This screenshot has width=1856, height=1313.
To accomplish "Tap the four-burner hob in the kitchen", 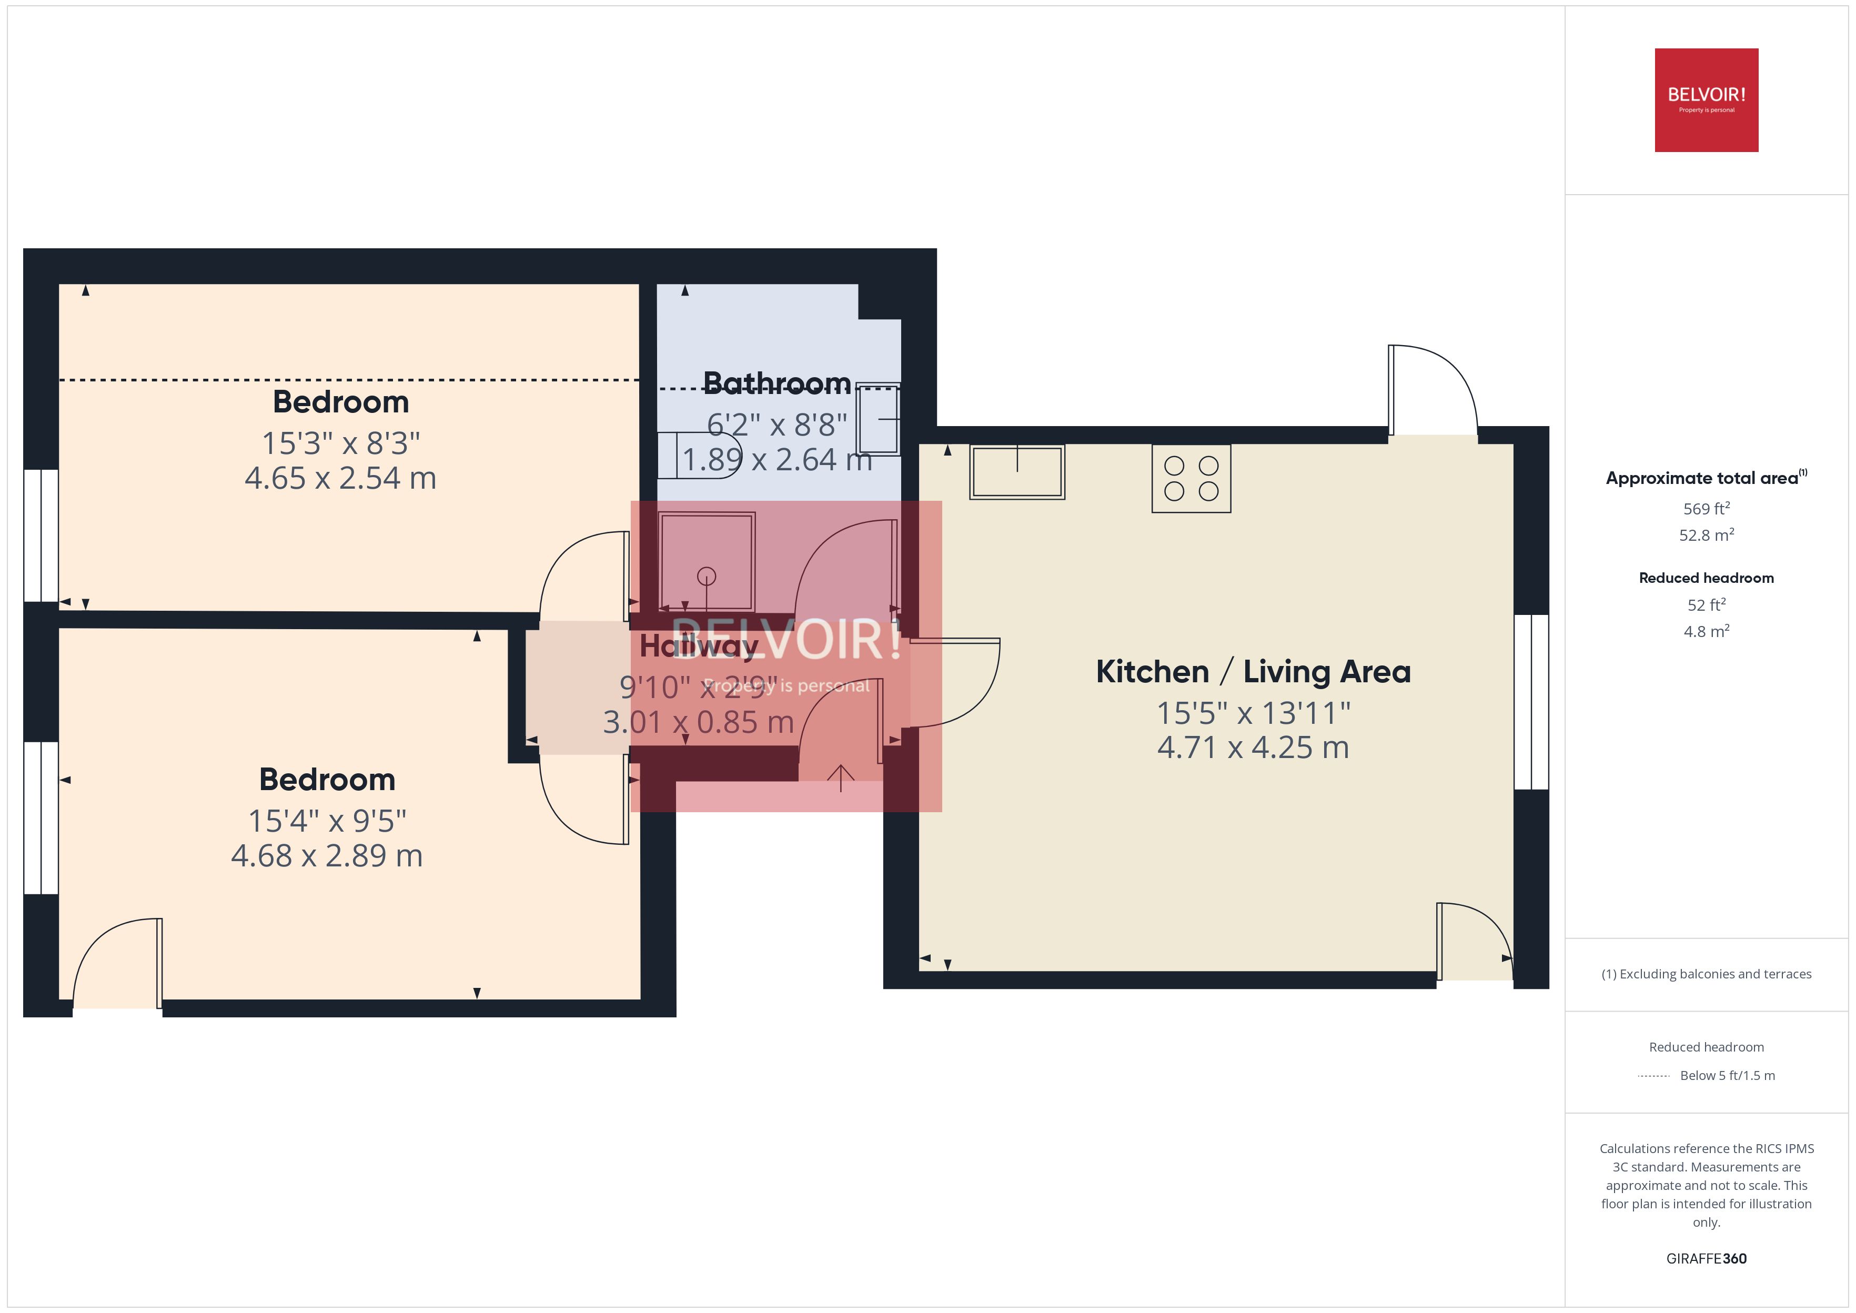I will coord(1191,478).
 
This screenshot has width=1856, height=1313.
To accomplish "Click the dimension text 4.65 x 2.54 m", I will coord(340,478).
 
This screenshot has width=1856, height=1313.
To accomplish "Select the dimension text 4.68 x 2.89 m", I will coord(327,855).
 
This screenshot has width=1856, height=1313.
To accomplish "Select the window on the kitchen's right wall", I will coord(1530,702).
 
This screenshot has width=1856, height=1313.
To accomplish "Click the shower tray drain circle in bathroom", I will coord(707,577).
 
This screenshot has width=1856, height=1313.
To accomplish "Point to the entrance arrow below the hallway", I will coord(840,778).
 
